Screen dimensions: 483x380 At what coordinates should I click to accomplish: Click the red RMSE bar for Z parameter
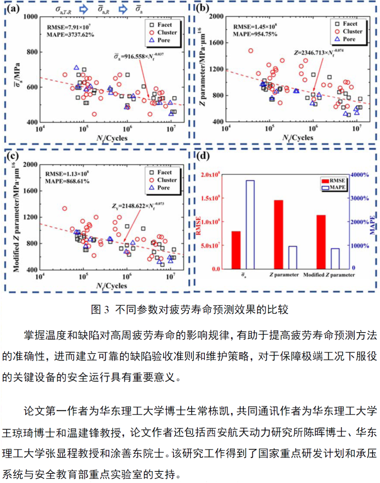click(278, 234)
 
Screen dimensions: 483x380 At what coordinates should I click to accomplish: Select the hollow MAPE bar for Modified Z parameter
click(335, 258)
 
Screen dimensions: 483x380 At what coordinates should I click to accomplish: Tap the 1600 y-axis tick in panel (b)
click(216, 43)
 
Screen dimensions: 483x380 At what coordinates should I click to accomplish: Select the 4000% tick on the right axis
click(360, 175)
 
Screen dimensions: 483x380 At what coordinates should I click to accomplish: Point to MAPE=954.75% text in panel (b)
click(255, 34)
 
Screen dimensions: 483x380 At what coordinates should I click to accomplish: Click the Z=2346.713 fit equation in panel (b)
click(318, 52)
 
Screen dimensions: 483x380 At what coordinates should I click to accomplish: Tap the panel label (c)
click(13, 155)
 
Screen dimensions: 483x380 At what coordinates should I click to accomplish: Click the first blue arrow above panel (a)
click(83, 9)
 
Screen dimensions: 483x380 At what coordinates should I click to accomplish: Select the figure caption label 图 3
click(100, 309)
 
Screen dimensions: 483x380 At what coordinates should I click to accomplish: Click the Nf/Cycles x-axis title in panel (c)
click(112, 286)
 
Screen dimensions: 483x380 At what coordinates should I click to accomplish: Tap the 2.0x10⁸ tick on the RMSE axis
click(210, 175)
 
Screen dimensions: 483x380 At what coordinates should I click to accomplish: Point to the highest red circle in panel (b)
click(251, 51)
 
